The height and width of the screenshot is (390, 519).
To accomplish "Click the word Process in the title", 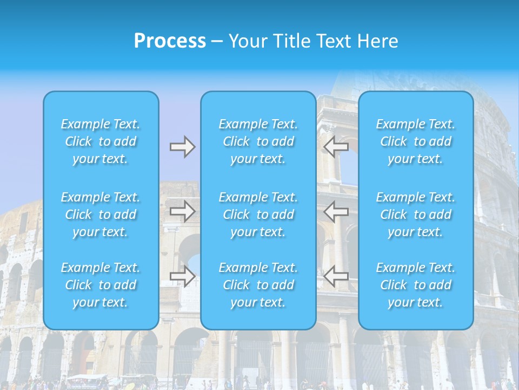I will click(x=170, y=41).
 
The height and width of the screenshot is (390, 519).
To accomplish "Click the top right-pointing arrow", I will click(x=182, y=147).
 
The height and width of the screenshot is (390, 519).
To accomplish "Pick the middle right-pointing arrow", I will click(x=182, y=211).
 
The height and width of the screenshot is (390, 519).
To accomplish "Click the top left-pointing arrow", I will click(x=336, y=147).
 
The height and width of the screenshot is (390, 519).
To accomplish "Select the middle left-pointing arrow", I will click(x=336, y=211).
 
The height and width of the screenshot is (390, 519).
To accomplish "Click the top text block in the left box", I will click(x=101, y=141).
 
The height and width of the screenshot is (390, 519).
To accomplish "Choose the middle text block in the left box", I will click(x=101, y=214).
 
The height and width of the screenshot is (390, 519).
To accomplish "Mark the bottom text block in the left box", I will click(x=101, y=285).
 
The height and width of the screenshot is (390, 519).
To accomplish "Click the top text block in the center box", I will click(x=258, y=141).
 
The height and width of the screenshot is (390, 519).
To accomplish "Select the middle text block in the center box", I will click(x=258, y=214).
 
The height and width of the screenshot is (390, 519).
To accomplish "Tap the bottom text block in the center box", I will click(x=258, y=285).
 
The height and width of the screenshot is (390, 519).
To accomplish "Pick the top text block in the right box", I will click(x=416, y=141).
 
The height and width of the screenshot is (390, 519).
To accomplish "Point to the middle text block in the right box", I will click(x=416, y=214).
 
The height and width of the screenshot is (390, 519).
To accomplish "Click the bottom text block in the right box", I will click(x=416, y=285).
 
